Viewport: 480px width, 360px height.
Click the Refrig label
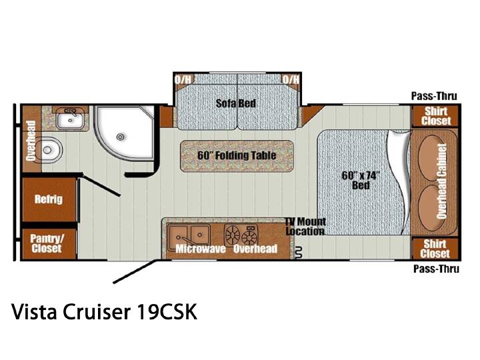pos(49,199)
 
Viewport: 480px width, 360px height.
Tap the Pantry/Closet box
pos(49,244)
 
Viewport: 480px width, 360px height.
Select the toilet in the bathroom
pos(49,150)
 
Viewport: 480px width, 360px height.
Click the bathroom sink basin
pos(70,120)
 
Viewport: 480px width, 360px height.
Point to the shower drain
pos(121,137)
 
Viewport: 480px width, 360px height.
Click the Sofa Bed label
pos(236,103)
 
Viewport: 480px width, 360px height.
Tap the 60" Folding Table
pos(237,155)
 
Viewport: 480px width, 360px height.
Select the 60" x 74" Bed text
pos(361,180)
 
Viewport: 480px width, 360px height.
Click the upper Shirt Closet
pos(435,116)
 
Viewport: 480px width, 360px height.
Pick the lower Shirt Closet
pos(435,248)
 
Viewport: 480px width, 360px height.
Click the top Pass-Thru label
pos(434,96)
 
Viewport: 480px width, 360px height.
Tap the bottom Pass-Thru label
pos(436,269)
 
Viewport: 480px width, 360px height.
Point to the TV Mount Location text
pos(305,226)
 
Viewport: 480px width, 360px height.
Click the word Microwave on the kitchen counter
pos(201,249)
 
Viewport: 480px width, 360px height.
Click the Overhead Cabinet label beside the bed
pos(442,182)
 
